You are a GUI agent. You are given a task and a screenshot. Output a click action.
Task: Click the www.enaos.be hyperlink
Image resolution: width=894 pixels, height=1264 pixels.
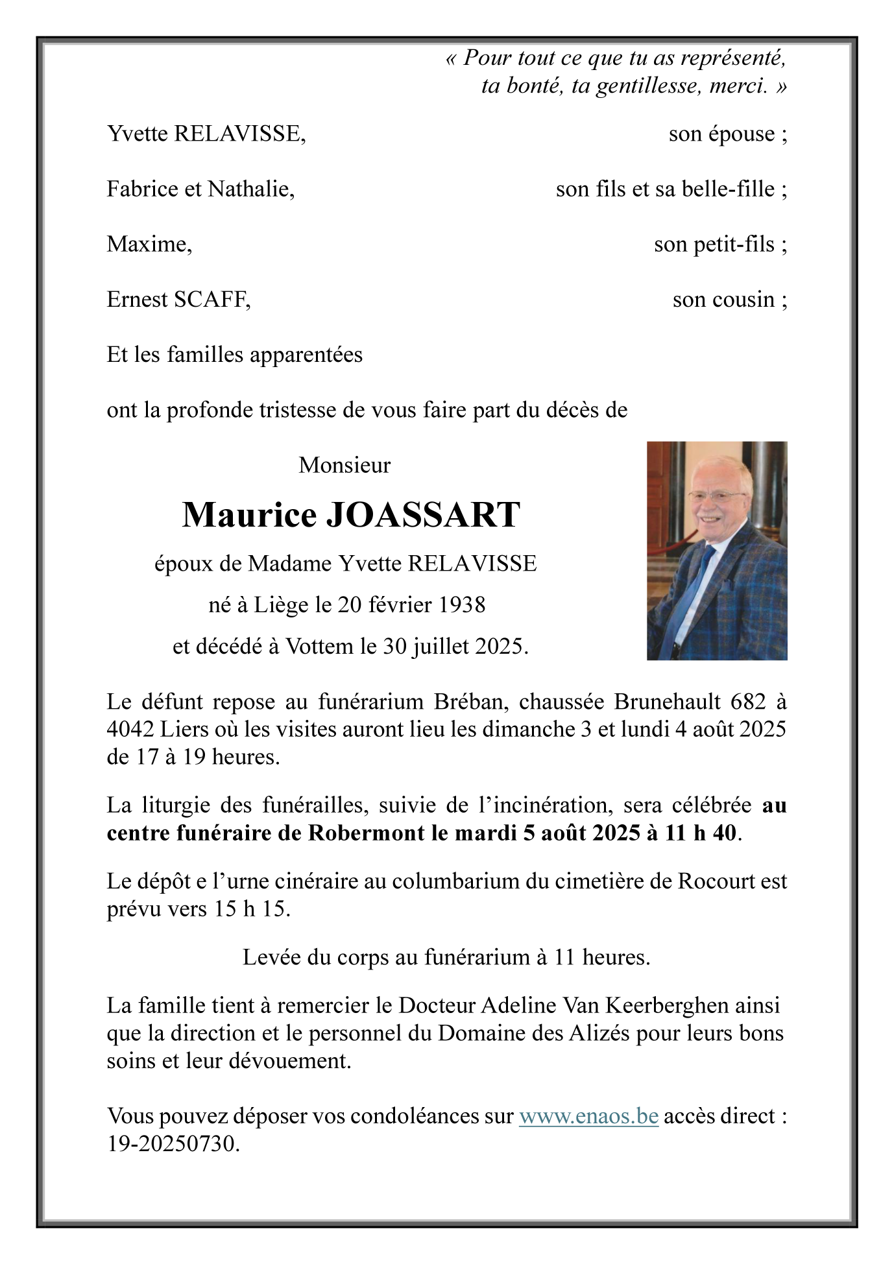click(x=588, y=1116)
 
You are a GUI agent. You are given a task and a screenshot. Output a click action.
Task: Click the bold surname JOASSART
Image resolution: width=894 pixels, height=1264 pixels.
click(x=422, y=515)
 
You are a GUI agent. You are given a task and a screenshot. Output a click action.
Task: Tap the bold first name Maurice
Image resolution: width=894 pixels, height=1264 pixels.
click(x=249, y=515)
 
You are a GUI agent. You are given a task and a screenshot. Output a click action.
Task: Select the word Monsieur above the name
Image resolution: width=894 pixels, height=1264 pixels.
click(x=344, y=465)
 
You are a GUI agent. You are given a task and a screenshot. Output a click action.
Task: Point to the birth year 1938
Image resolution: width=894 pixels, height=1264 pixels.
click(x=462, y=604)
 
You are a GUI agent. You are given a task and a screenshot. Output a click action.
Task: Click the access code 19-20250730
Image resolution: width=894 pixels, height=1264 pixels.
click(x=173, y=1143)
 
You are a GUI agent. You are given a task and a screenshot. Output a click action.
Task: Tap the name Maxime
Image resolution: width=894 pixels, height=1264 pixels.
click(x=149, y=244)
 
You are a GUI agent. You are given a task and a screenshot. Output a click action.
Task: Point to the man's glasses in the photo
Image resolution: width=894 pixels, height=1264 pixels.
click(x=717, y=496)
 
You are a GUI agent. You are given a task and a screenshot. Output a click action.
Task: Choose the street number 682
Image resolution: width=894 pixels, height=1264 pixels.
click(x=748, y=702)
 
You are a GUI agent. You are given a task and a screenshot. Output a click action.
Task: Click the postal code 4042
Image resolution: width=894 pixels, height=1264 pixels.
click(x=130, y=730)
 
